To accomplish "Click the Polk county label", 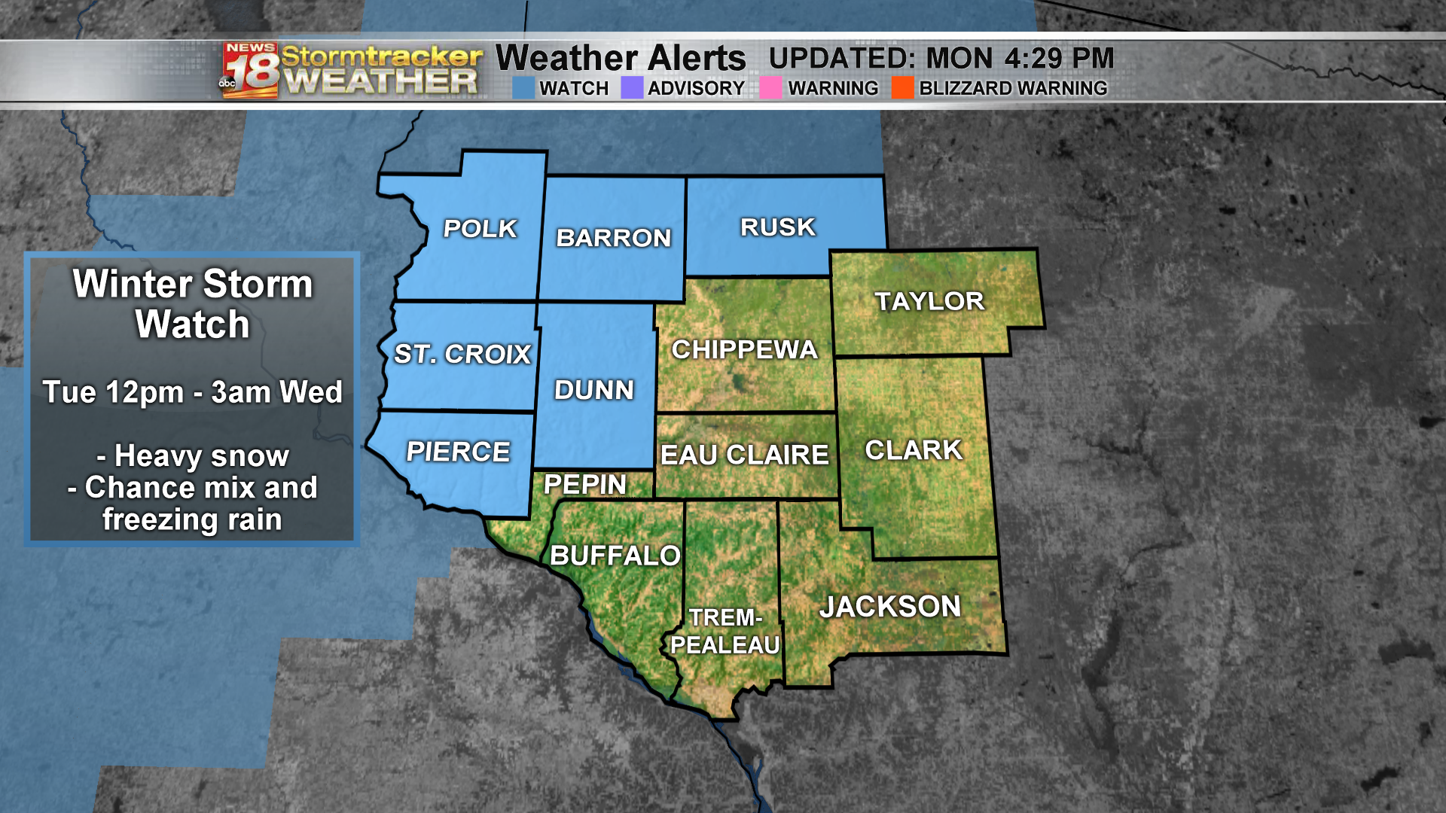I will [480, 228].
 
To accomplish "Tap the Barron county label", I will [613, 238].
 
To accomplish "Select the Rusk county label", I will [777, 227].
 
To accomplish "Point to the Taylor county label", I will [929, 301].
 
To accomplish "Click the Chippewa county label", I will [744, 349].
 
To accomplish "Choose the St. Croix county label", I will [462, 354].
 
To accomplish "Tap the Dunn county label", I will [593, 390].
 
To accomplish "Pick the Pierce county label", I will [458, 452].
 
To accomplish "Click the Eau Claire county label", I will [744, 455].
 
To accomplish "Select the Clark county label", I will [914, 450].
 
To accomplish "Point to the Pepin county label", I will [585, 484].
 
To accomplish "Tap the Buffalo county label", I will [615, 556].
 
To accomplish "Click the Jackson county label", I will [890, 607].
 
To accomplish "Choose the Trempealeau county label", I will [725, 632].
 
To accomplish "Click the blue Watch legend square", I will [523, 88].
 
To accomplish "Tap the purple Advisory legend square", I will [632, 88].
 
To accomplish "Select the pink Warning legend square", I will [770, 88].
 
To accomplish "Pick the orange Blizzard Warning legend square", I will [902, 88].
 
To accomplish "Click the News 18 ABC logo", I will [250, 70].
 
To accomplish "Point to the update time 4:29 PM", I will [1058, 58].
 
